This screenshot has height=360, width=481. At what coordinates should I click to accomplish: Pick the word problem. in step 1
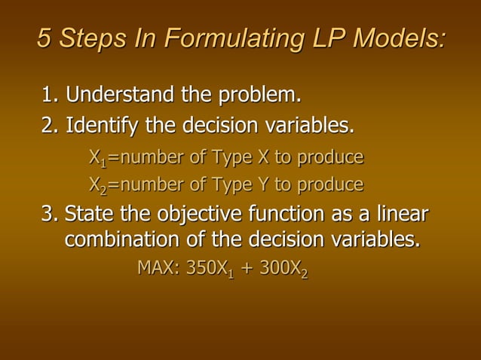coord(259,96)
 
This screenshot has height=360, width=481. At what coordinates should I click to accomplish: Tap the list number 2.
coord(49,124)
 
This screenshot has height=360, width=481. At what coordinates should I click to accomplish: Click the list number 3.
coord(49,215)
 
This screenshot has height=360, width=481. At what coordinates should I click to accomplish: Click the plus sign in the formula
coord(247,269)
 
